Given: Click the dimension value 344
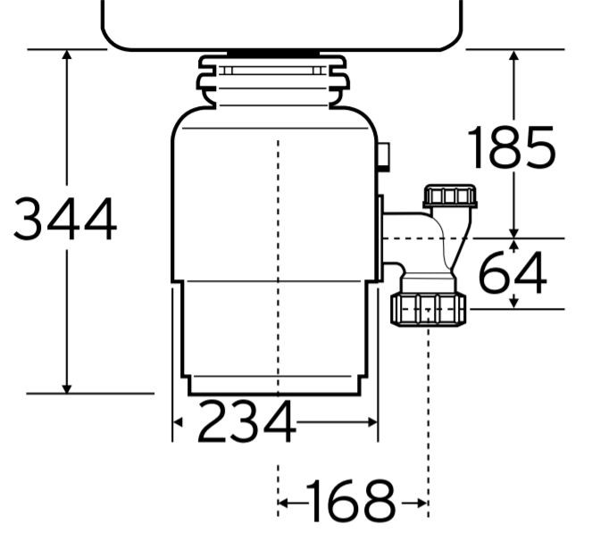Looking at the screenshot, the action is pyautogui.click(x=65, y=219).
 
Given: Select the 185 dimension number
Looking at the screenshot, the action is pyautogui.click(x=512, y=147).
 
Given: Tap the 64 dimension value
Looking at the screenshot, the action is pyautogui.click(x=513, y=272).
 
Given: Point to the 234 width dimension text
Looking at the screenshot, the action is pyautogui.click(x=246, y=421).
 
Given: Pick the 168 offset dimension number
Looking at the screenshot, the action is pyautogui.click(x=350, y=502).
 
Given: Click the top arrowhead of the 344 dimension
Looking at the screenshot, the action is pyautogui.click(x=67, y=54).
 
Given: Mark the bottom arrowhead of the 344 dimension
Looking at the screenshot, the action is pyautogui.click(x=67, y=388).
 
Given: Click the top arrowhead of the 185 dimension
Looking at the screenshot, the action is pyautogui.click(x=513, y=55).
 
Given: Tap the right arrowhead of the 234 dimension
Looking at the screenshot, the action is pyautogui.click(x=372, y=422).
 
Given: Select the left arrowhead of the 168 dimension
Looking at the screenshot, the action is pyautogui.click(x=283, y=503).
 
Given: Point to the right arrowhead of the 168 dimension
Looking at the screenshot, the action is pyautogui.click(x=422, y=503).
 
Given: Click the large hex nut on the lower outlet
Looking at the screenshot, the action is pyautogui.click(x=429, y=309).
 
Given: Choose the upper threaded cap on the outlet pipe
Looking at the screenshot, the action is pyautogui.click(x=450, y=196).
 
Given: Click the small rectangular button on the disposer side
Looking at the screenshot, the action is pyautogui.click(x=384, y=156).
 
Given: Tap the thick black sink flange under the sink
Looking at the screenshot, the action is pyautogui.click(x=273, y=54).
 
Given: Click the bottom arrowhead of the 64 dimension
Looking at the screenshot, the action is pyautogui.click(x=513, y=304).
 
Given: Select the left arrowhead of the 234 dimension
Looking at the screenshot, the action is pyautogui.click(x=178, y=422).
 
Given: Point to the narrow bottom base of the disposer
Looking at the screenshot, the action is pyautogui.click(x=274, y=386).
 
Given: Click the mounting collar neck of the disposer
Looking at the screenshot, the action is pyautogui.click(x=272, y=81).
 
